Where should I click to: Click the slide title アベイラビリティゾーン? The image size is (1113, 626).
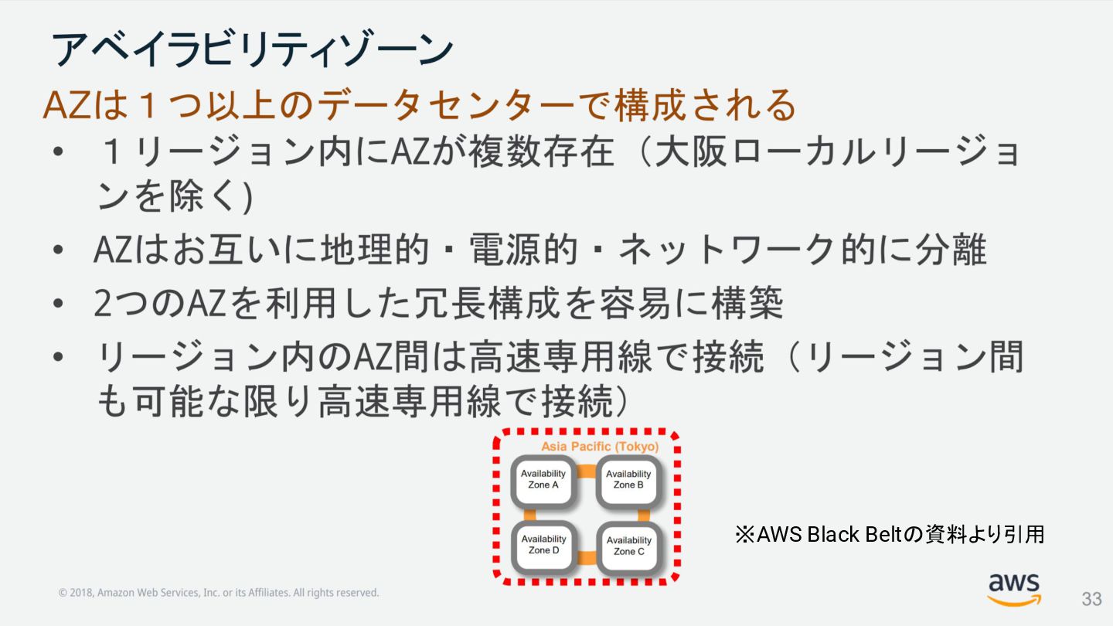[252, 50]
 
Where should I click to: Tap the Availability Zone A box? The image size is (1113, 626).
[543, 480]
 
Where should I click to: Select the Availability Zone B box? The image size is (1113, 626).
[628, 480]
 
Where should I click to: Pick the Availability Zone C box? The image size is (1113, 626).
[628, 546]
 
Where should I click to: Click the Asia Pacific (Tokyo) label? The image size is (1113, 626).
[600, 447]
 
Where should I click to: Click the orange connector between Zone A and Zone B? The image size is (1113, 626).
[586, 471]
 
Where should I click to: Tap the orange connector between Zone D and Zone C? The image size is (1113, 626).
[586, 556]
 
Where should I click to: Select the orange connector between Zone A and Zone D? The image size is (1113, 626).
[531, 514]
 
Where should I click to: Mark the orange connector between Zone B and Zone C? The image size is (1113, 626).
[642, 514]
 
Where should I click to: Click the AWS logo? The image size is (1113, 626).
[1013, 589]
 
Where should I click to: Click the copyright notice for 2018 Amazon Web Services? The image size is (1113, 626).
[219, 593]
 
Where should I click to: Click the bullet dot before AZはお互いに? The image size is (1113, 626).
[59, 250]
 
